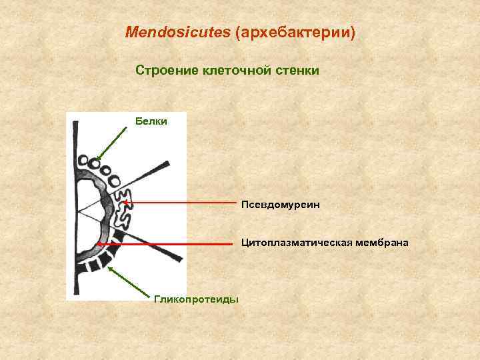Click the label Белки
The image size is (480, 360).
(151, 121)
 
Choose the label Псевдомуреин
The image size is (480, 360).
(281, 205)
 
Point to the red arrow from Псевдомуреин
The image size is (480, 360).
(180, 201)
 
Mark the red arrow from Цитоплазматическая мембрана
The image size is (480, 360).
(167, 245)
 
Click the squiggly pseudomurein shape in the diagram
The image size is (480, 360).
(125, 203)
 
